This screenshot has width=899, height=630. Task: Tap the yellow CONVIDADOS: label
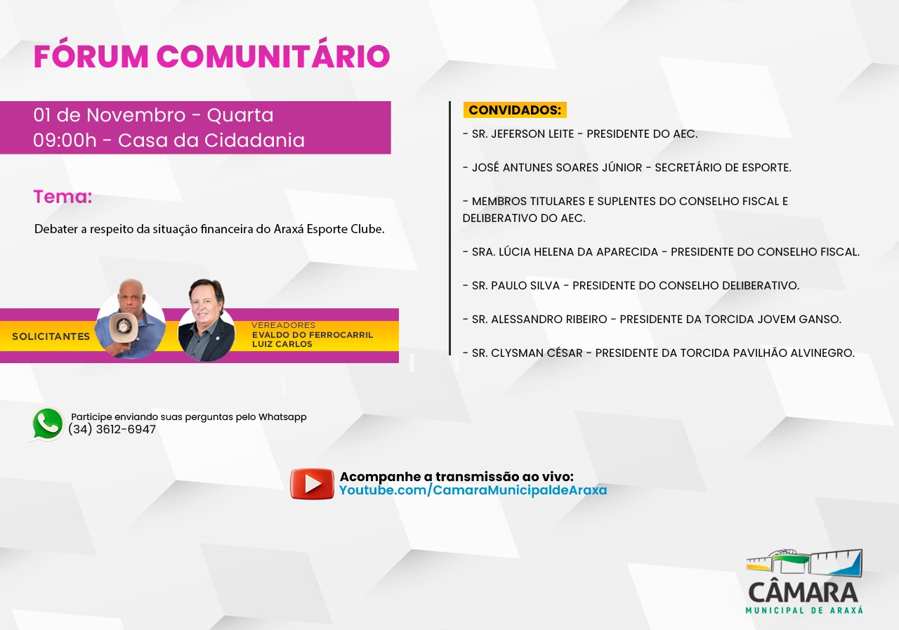[515, 110]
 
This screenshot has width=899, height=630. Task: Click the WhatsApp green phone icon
[48, 424]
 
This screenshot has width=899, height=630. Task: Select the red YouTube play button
[313, 483]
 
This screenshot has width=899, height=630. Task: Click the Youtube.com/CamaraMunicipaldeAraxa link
[473, 490]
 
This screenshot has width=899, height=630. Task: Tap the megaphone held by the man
[122, 327]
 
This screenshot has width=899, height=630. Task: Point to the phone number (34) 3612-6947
[112, 429]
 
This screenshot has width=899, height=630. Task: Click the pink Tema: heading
[63, 197]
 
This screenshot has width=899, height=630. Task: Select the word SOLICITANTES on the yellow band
[51, 336]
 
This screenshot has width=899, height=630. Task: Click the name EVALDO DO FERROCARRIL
[313, 334]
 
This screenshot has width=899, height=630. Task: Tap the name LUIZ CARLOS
[282, 344]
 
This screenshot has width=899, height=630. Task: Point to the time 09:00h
[65, 140]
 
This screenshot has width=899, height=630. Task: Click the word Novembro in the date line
[136, 115]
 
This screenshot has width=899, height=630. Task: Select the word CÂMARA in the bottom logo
[803, 592]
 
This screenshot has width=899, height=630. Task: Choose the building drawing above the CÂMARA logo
[804, 563]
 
